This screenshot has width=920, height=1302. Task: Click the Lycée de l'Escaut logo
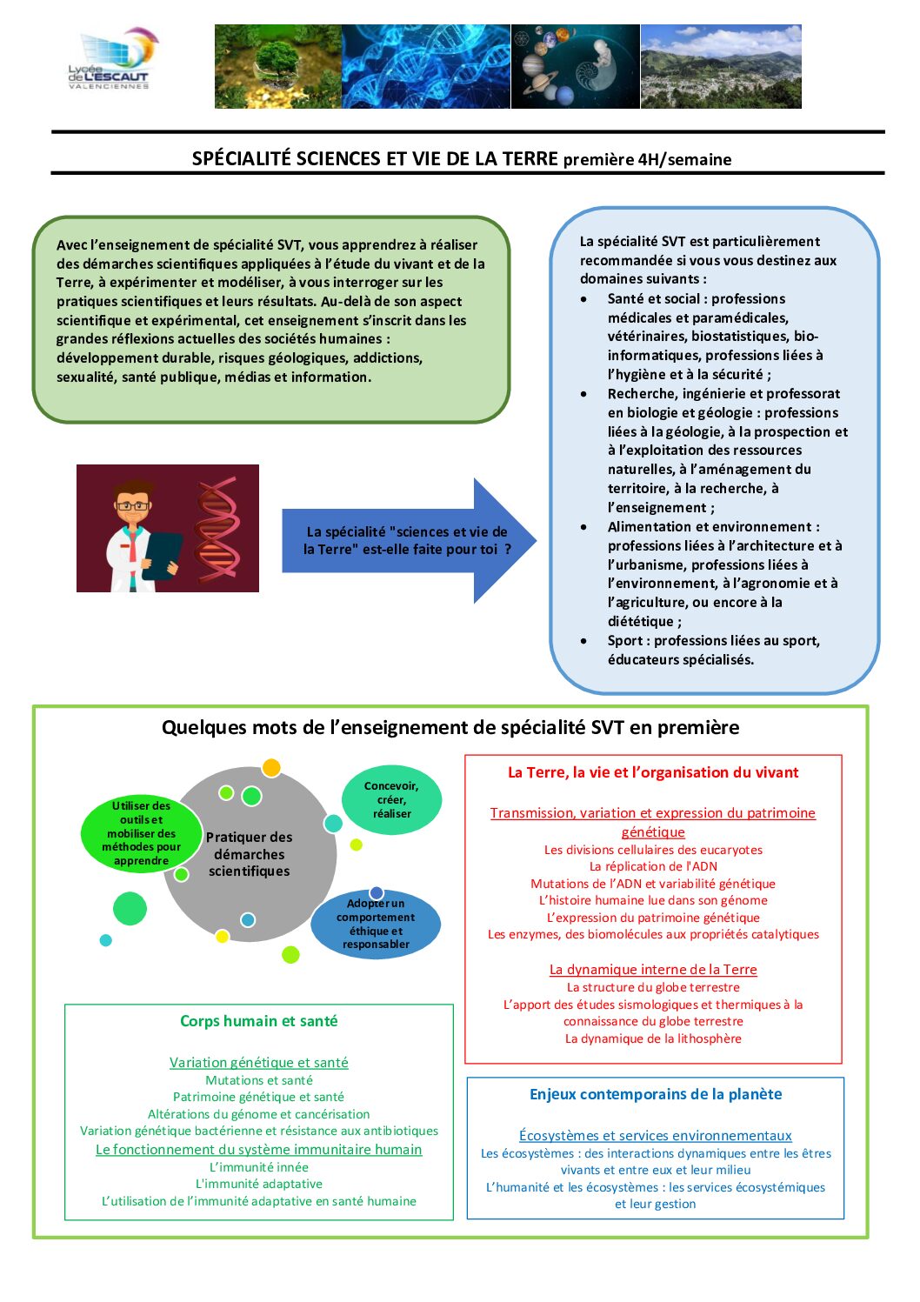click(x=112, y=59)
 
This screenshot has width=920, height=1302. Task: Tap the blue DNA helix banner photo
click(x=425, y=66)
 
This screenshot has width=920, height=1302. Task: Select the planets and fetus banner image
click(x=576, y=66)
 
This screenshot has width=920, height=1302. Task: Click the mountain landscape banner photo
click(x=721, y=66)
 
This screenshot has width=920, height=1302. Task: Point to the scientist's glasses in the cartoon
click(x=132, y=505)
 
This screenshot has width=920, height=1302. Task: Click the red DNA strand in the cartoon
click(x=218, y=528)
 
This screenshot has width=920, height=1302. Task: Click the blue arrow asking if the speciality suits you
click(x=409, y=541)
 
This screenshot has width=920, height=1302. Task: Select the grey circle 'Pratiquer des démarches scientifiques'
click(x=250, y=854)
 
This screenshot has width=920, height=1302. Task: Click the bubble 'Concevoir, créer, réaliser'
click(x=391, y=800)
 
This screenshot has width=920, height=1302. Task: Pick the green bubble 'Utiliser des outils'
click(x=141, y=833)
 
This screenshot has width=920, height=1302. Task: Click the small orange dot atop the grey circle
click(x=271, y=767)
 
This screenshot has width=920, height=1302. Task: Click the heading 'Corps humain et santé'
click(x=258, y=1021)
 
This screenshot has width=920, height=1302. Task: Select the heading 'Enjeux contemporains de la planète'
click(x=656, y=1094)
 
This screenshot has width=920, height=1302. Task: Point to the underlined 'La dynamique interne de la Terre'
click(x=653, y=970)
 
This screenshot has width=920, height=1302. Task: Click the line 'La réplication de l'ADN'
click(x=653, y=866)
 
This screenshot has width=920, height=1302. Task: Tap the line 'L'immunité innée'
click(x=258, y=1167)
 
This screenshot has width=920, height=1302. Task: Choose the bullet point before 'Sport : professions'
click(x=583, y=641)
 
